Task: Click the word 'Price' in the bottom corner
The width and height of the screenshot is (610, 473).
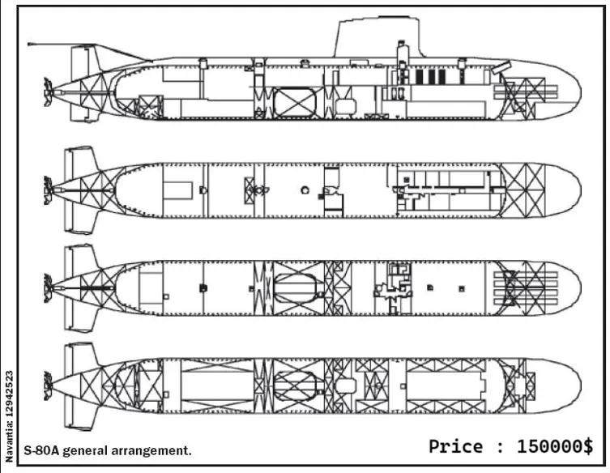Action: click(457, 446)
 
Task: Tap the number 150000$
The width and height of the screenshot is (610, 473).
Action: click(555, 446)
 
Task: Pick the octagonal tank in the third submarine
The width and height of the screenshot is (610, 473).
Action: click(296, 287)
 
